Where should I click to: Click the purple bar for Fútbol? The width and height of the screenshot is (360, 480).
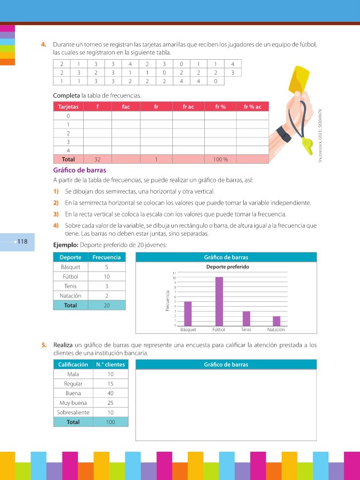point(219,301)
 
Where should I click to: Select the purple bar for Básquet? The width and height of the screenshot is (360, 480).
point(188,314)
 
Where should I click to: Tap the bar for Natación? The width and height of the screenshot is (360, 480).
point(276,321)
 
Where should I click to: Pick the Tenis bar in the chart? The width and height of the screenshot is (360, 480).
point(246,318)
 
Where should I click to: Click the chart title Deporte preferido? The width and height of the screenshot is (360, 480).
point(227,267)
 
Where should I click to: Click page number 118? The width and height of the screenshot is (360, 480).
point(22,242)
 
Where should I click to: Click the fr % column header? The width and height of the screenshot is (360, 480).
point(220,107)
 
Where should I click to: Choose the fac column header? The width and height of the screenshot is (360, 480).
point(126,107)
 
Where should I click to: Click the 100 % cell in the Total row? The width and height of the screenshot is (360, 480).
point(220,159)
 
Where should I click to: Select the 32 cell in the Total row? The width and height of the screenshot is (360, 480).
point(97,159)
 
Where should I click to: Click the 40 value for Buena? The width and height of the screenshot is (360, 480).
point(110,393)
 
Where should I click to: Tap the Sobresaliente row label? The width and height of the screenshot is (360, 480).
point(73,412)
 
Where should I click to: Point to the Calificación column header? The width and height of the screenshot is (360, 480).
point(73,365)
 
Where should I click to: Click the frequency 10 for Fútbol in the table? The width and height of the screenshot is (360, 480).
point(107,276)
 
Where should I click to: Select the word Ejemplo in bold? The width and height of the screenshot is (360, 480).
point(66,245)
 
